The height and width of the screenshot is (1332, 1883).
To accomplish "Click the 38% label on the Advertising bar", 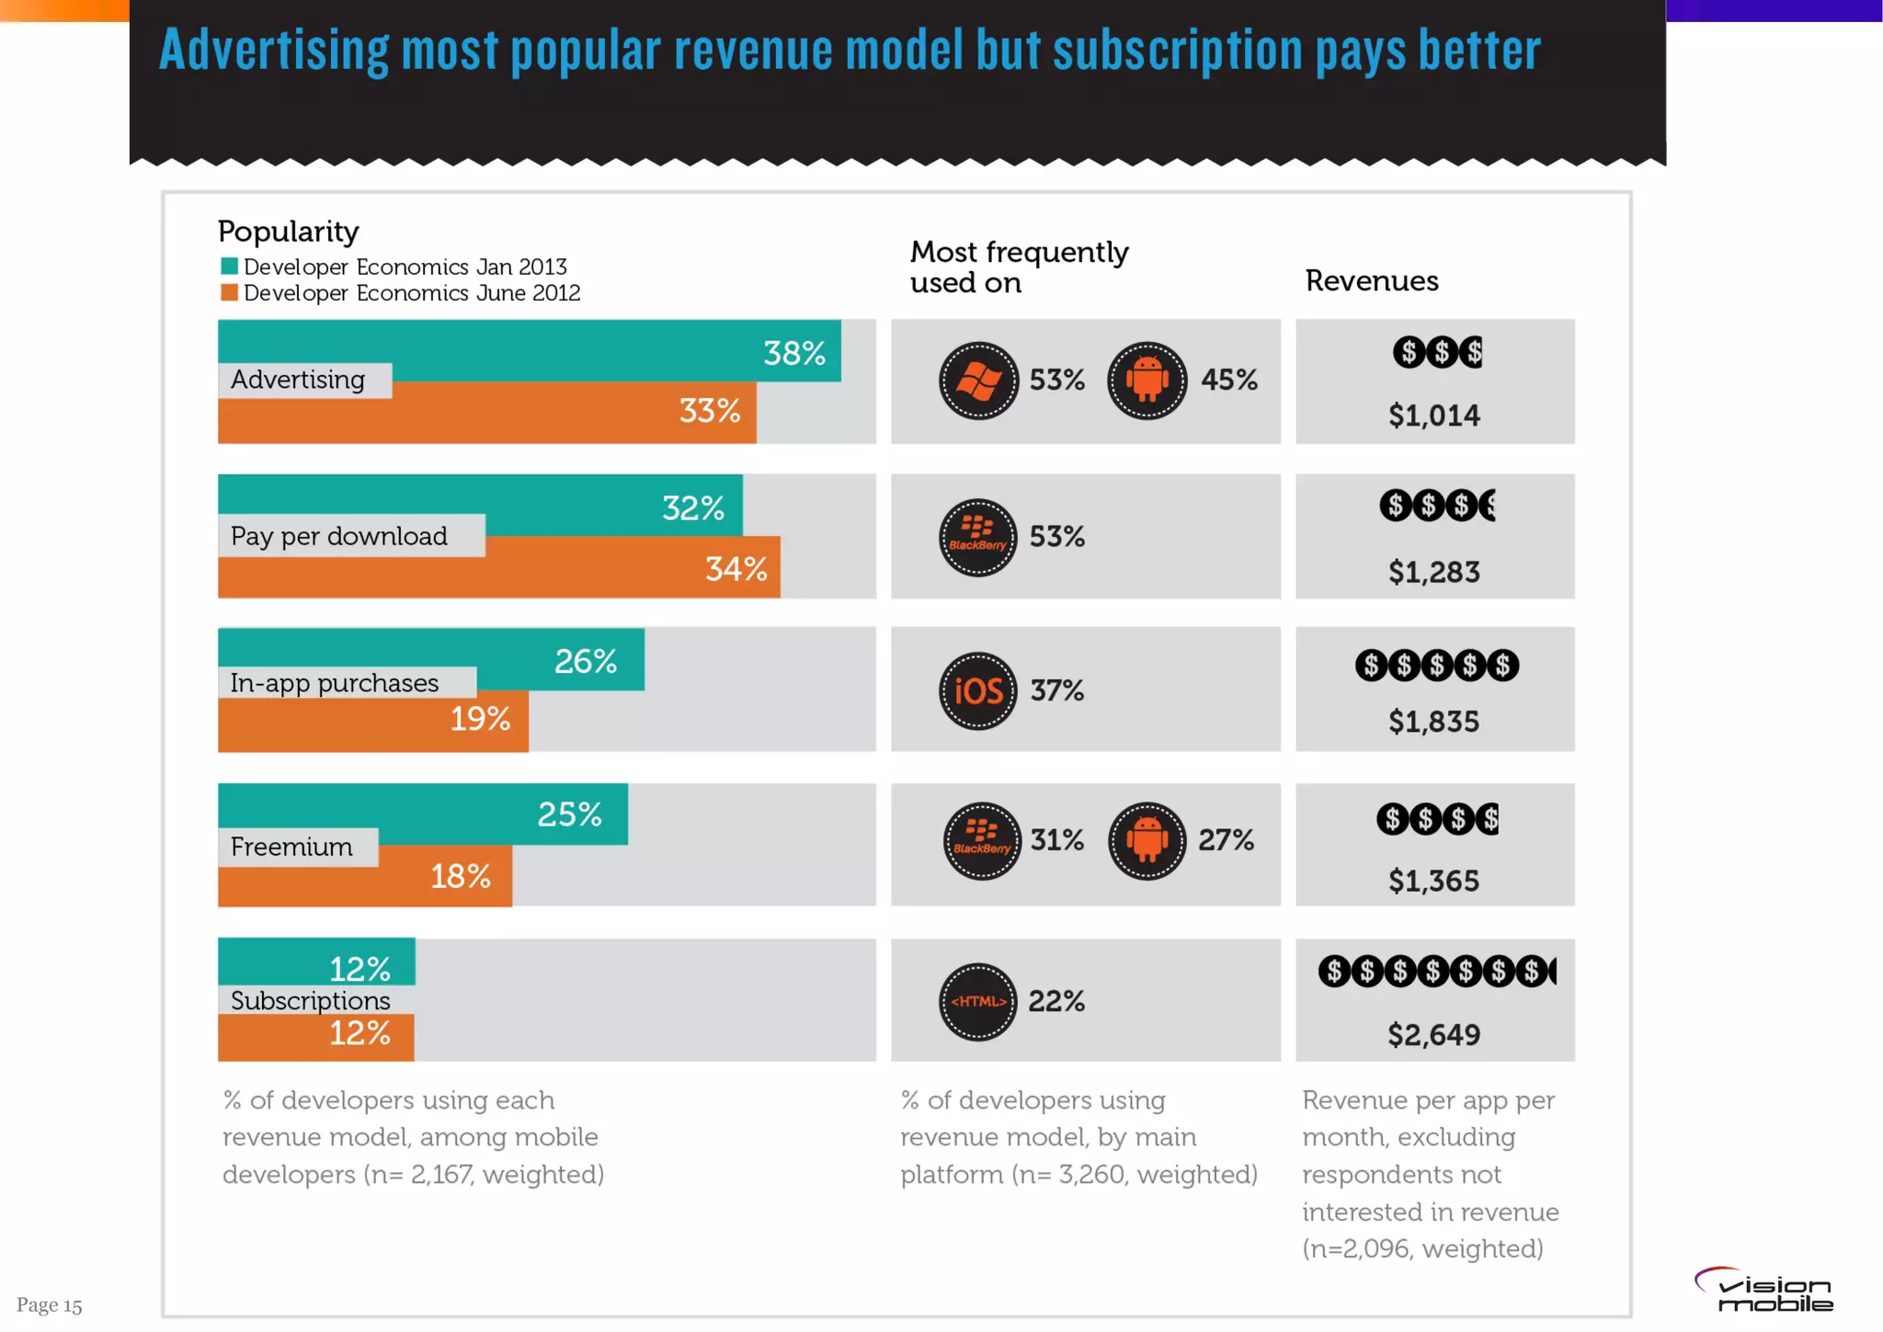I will [794, 353].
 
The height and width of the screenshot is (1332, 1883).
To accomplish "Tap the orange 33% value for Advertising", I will [709, 411].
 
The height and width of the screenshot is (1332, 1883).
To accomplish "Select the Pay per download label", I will [339, 536].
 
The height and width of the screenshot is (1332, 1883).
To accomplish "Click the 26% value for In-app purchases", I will [586, 662].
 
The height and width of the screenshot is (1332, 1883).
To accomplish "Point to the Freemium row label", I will [291, 847].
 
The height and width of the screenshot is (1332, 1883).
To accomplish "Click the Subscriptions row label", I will [310, 1000].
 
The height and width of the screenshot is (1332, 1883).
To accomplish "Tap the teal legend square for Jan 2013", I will [229, 267].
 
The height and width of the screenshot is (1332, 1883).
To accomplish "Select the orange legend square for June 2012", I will [229, 293].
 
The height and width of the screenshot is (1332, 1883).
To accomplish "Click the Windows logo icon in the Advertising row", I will [978, 381].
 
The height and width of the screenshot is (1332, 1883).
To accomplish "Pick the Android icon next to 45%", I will [1147, 381].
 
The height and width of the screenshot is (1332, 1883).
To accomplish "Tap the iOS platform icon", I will [978, 691].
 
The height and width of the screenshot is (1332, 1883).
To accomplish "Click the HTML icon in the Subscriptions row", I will [978, 1001].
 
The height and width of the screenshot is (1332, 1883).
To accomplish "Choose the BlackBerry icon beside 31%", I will [981, 840].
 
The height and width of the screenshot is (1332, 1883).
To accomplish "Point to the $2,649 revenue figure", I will [1433, 1035].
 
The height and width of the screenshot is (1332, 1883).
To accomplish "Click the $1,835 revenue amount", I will [1433, 723].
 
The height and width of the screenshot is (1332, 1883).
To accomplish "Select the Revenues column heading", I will [1372, 281].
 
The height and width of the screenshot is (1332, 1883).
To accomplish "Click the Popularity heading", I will [288, 232].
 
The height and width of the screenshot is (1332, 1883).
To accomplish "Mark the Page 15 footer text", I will [50, 1305].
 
